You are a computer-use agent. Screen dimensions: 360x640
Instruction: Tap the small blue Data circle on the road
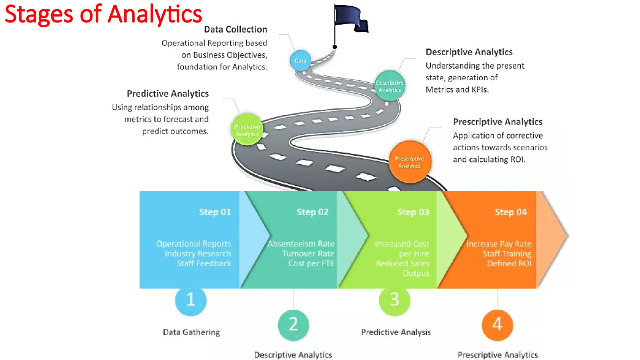[300, 61]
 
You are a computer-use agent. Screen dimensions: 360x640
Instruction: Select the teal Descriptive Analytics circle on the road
[390, 86]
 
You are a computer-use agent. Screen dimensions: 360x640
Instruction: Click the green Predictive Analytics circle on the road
[247, 130]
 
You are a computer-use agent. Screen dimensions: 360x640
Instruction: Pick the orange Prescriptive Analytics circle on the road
[410, 162]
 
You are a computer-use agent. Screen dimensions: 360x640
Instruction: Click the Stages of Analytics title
[103, 14]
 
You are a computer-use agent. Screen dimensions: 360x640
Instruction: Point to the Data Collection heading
[235, 29]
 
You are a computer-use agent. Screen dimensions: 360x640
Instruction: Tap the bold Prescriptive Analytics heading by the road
[497, 122]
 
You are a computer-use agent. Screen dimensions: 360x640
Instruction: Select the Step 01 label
[215, 212]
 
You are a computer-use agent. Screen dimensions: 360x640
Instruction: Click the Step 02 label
[312, 212]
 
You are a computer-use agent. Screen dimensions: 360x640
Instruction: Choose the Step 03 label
[413, 212]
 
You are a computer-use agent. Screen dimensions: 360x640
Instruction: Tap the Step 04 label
[511, 212]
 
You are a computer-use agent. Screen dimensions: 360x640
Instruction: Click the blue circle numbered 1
[191, 300]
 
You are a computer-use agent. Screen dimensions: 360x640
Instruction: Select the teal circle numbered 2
[293, 325]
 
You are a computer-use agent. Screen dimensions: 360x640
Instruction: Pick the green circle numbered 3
[394, 300]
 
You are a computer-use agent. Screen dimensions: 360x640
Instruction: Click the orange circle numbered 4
[497, 325]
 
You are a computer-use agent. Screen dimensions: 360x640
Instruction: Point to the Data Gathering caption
[191, 332]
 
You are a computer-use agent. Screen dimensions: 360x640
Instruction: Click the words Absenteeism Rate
[301, 244]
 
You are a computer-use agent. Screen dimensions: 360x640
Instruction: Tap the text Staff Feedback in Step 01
[204, 263]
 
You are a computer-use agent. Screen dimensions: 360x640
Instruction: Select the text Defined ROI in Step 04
[509, 263]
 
